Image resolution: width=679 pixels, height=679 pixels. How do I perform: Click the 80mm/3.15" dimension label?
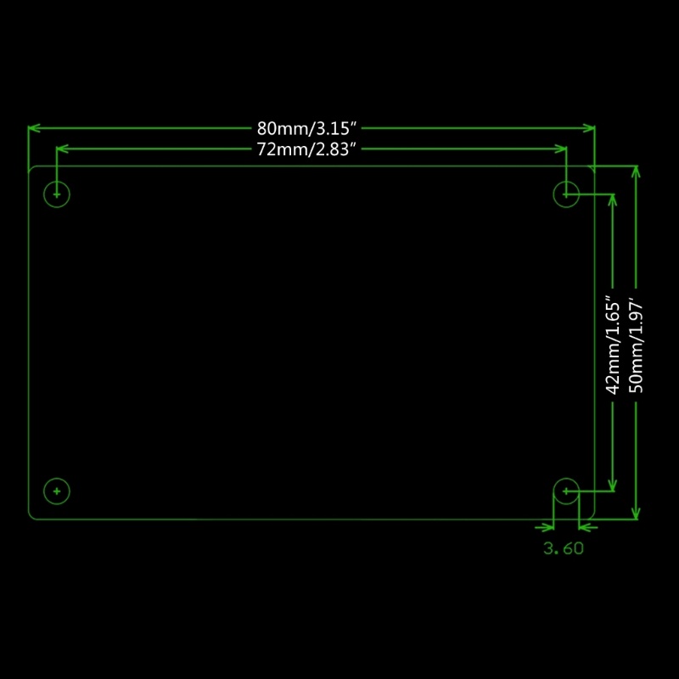point(311,129)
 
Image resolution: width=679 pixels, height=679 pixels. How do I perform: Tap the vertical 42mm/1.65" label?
point(612,345)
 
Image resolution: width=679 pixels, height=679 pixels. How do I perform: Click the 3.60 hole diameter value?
point(564,548)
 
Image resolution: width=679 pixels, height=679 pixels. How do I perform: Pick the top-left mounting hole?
point(57,194)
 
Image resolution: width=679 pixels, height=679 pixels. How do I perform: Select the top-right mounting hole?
point(566,194)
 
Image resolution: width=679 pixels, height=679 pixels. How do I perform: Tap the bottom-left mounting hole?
point(57,491)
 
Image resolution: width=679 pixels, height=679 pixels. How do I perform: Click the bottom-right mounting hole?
point(566,491)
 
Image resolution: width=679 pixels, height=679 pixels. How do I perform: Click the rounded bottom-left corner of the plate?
point(32,515)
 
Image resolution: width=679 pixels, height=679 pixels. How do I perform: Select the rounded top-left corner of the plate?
point(32,169)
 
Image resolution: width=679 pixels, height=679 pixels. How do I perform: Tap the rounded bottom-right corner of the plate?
point(592,515)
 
